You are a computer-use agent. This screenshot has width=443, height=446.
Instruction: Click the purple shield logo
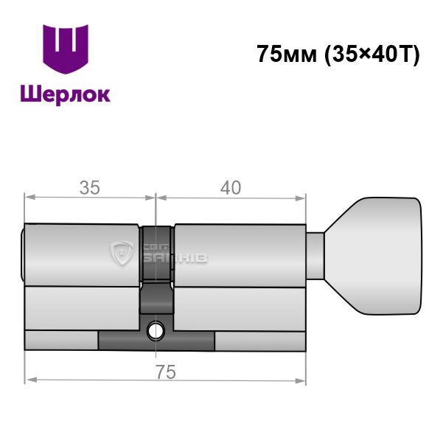pos(66,49)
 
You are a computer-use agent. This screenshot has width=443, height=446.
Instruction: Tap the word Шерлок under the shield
pos(66,94)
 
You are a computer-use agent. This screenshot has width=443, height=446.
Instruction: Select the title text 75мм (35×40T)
pos(338,54)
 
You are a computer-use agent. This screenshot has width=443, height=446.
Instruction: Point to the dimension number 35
pos(90,188)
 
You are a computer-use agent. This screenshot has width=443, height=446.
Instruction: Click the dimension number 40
pos(231,188)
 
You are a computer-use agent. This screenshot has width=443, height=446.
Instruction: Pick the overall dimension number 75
pos(166,372)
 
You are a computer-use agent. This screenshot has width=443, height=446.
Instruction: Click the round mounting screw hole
pos(156,331)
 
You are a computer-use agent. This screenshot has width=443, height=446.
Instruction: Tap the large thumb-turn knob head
pos(373,256)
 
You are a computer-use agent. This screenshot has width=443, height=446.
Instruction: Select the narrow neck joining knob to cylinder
pos(315,257)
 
